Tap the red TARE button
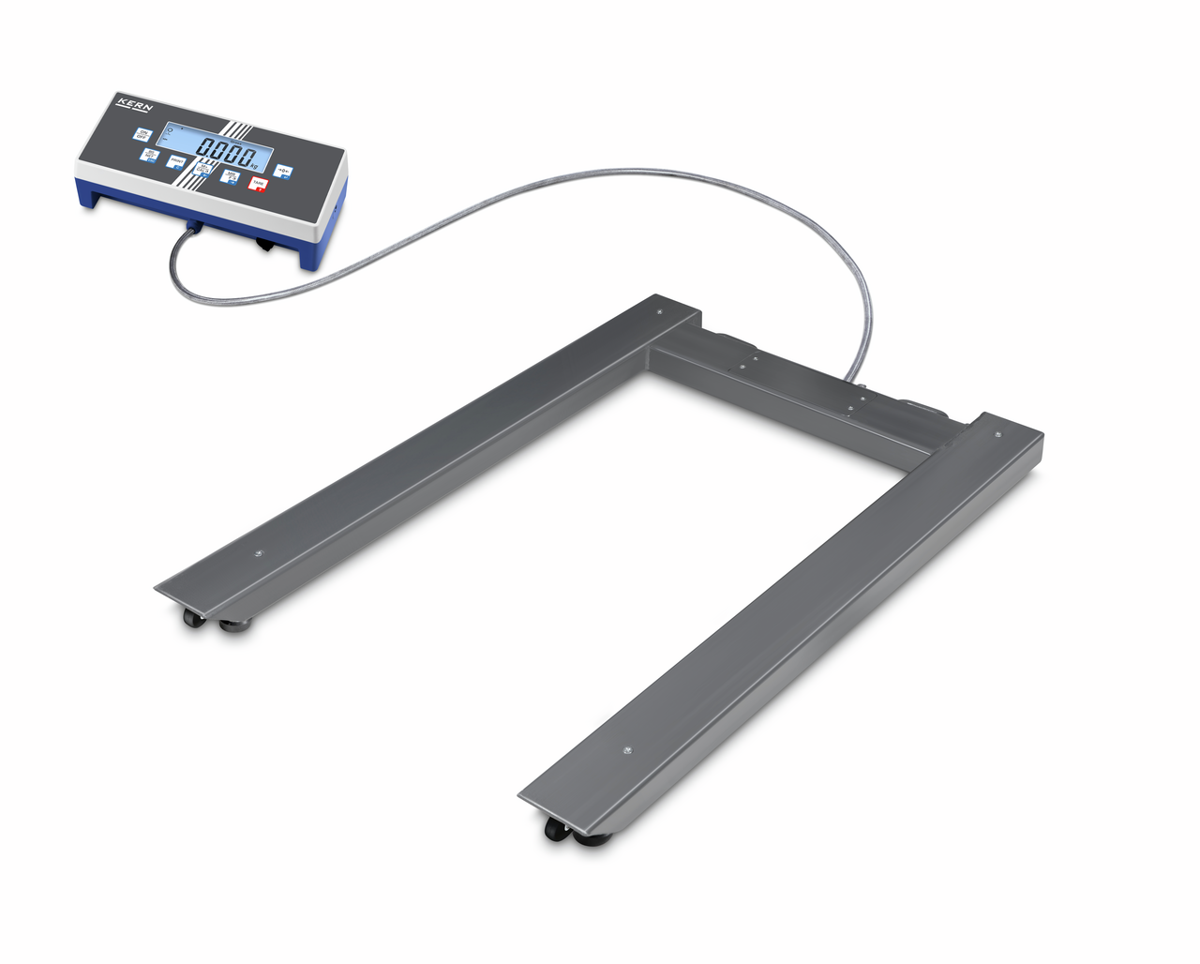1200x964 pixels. click(257, 183)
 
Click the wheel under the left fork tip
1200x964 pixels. click(192, 619)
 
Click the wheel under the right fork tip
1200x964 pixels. click(556, 829)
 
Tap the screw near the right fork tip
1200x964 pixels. click(627, 750)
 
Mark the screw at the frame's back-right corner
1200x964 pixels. click(996, 434)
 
